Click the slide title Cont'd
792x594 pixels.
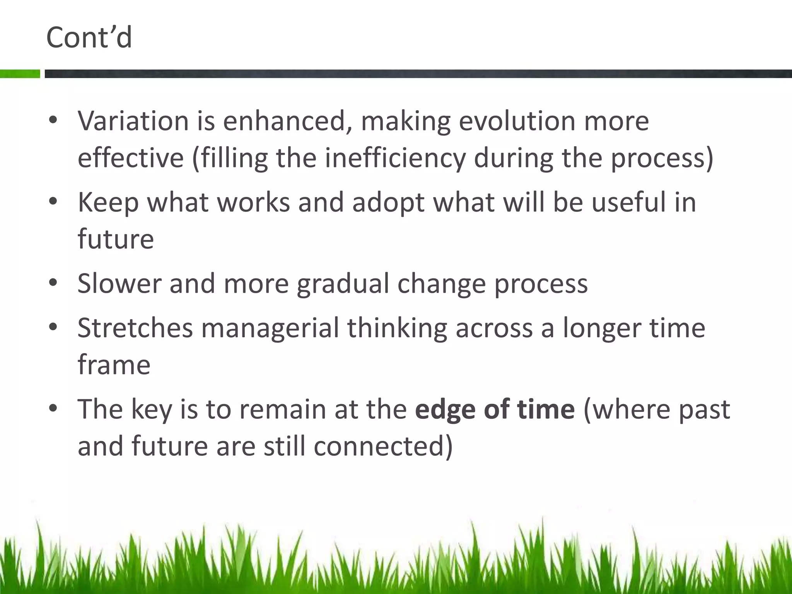(x=89, y=38)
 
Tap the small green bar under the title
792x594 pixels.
(x=20, y=73)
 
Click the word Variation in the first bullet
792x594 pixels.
(x=133, y=121)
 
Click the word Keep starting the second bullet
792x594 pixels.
(x=108, y=203)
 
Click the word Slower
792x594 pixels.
(x=119, y=283)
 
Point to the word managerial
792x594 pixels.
(x=270, y=328)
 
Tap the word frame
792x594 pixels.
(x=114, y=365)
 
